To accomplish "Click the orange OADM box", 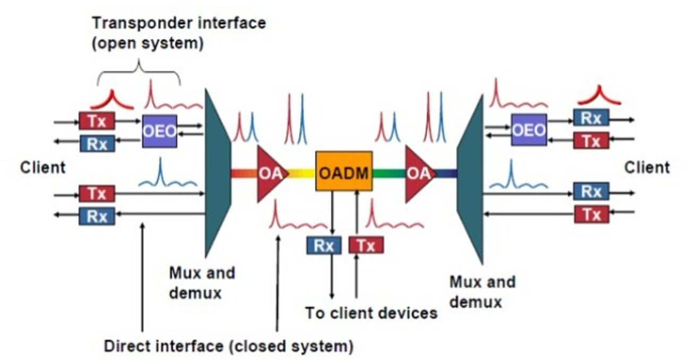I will (343, 170).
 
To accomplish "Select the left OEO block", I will (159, 131).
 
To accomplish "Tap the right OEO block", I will (528, 130).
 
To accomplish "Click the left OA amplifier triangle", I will (270, 174).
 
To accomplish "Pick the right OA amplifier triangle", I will (418, 174).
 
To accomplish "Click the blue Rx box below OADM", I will (324, 245).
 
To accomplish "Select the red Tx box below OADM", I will (366, 245).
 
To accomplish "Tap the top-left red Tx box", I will (97, 121).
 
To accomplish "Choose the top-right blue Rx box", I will (590, 117).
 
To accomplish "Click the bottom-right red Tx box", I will (591, 214).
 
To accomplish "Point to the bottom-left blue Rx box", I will (97, 216).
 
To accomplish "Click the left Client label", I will (43, 168).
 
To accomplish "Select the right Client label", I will (647, 168).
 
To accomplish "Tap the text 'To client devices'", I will (371, 313).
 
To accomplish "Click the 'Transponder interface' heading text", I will (179, 23).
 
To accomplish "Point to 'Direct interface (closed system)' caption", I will (228, 347).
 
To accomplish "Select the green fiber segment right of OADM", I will (389, 173).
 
